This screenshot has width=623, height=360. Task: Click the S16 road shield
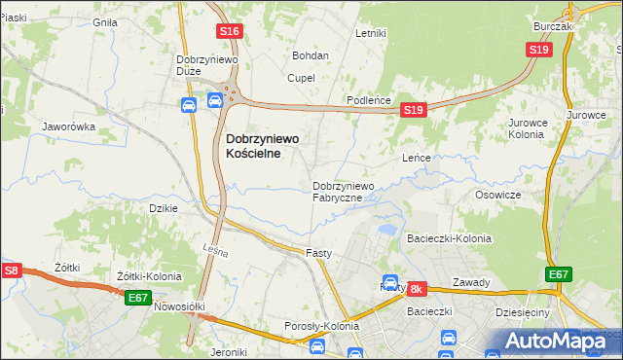pyautogui.click(x=230, y=32)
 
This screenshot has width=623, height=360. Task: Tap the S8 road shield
pyautogui.click(x=11, y=271)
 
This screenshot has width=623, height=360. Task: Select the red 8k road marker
pyautogui.click(x=417, y=289)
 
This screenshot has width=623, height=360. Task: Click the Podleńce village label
pyautogui.click(x=369, y=101)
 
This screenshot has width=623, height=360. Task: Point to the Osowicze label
pyautogui.click(x=498, y=195)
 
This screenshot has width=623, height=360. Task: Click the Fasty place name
pyautogui.click(x=319, y=253)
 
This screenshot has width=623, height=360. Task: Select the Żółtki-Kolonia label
pyautogui.click(x=149, y=276)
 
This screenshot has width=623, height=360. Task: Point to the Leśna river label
pyautogui.click(x=216, y=253)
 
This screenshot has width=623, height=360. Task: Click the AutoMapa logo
pyautogui.click(x=552, y=341)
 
